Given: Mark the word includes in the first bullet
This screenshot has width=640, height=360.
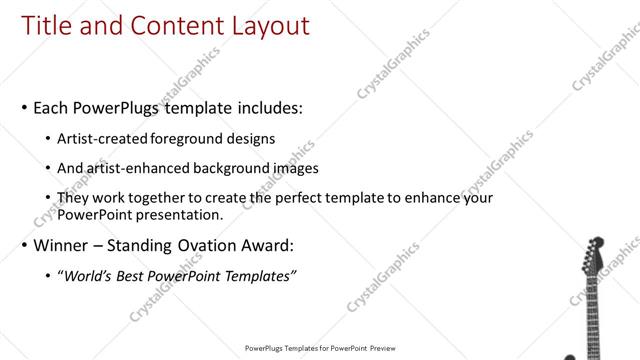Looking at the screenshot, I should tap(265, 107).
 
